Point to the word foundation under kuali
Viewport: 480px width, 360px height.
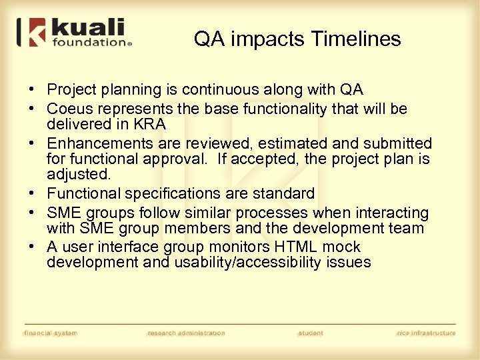pyautogui.click(x=89, y=43)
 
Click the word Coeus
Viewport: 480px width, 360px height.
pyautogui.click(x=69, y=109)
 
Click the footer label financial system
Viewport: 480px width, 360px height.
pyautogui.click(x=51, y=333)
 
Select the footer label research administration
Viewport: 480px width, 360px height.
pyautogui.click(x=186, y=333)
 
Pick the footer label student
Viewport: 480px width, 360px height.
pyautogui.click(x=311, y=333)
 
